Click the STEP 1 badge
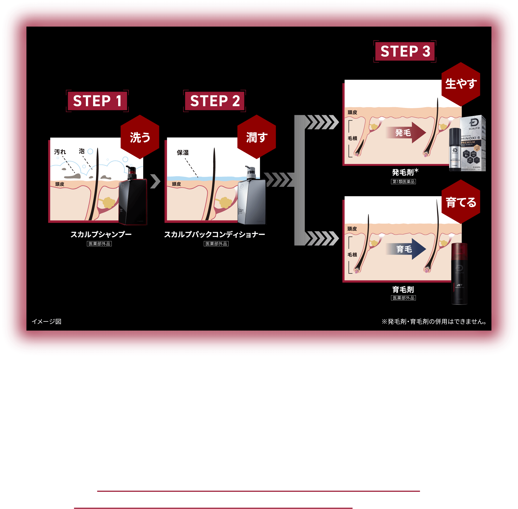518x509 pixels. pos(97,101)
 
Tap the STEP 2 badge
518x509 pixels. pos(215,101)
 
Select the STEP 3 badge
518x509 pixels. pos(405,51)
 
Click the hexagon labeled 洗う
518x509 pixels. pos(140,137)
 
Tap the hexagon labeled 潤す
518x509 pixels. pos(257,137)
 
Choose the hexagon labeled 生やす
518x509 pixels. pos(461,84)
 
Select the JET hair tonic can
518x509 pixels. pos(459,274)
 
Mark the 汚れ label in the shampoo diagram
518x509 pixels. pos(60,152)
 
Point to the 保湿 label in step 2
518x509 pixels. pos(183,153)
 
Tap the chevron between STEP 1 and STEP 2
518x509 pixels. pos(155,181)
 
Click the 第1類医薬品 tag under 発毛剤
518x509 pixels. pos(403,182)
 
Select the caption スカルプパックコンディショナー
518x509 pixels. pos(214,234)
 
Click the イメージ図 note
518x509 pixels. pos(47,321)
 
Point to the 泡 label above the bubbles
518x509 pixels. pos(81,151)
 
